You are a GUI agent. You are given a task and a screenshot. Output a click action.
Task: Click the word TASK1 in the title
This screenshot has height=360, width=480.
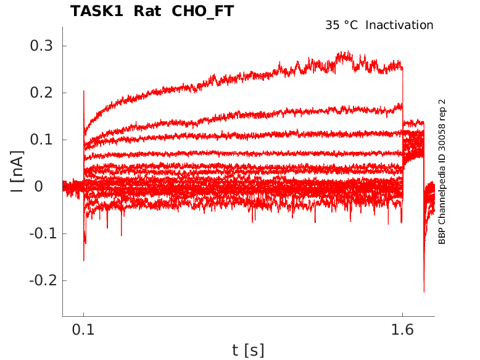coord(95,11)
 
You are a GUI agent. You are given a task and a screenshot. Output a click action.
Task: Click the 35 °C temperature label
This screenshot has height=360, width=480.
coord(341,25)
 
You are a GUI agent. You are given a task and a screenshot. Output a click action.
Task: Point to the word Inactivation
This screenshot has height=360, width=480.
coord(400,25)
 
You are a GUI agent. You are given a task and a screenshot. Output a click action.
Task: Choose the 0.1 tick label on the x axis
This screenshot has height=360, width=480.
coord(84,330)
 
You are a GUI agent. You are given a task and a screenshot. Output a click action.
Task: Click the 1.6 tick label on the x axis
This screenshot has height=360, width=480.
coord(402,330)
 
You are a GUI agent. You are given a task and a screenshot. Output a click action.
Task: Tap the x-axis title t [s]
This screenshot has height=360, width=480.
coord(248,350)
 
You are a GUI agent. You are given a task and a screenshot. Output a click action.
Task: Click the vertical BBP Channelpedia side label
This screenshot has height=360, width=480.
coord(442,172)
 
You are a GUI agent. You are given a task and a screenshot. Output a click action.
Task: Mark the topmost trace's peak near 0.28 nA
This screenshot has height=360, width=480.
coord(348,52)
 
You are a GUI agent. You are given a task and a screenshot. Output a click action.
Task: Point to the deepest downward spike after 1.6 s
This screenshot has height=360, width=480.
coord(424,291)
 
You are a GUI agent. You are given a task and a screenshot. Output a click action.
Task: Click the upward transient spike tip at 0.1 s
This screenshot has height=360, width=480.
coord(83,91)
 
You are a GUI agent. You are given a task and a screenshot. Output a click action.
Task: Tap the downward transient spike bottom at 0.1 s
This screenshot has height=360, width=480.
coord(84,260)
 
